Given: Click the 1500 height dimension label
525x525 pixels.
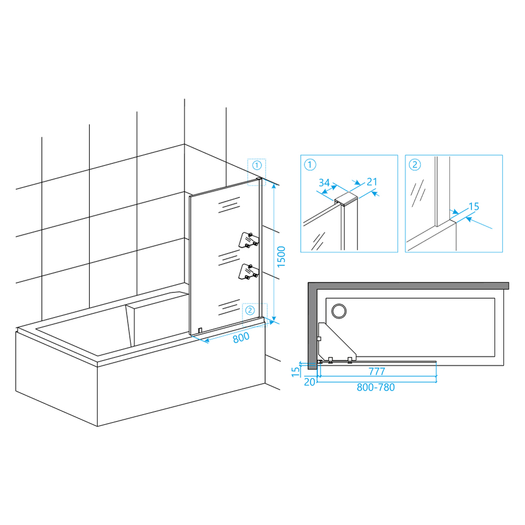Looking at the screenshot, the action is click(x=281, y=257).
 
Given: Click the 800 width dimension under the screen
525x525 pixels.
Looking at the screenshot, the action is click(x=241, y=338).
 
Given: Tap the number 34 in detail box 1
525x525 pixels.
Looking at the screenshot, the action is click(x=324, y=183).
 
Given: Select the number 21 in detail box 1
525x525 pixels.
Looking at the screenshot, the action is click(x=372, y=182).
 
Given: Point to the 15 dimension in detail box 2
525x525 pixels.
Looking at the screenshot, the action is click(x=474, y=206).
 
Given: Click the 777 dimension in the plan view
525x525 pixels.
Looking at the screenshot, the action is click(x=376, y=371).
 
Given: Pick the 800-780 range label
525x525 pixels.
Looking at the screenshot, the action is click(x=376, y=387).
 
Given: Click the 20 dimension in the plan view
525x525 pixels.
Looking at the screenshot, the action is click(x=309, y=382).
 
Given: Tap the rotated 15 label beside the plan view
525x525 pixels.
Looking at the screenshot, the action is click(x=296, y=372).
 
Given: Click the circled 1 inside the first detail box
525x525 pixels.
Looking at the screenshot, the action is click(x=310, y=165).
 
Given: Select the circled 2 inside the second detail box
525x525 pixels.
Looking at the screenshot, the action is click(x=415, y=165).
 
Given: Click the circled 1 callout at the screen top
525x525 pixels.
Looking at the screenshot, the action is click(x=257, y=165).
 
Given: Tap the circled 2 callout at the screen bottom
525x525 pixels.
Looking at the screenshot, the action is click(x=250, y=310).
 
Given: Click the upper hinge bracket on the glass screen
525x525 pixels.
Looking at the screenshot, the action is click(x=249, y=240).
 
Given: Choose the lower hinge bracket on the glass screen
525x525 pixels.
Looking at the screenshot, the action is click(x=248, y=271).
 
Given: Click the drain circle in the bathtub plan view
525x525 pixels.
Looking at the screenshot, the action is click(x=339, y=311).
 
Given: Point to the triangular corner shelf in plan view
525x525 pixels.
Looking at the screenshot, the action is click(x=337, y=342).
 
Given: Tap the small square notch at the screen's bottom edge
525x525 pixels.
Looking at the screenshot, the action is click(x=200, y=331).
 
